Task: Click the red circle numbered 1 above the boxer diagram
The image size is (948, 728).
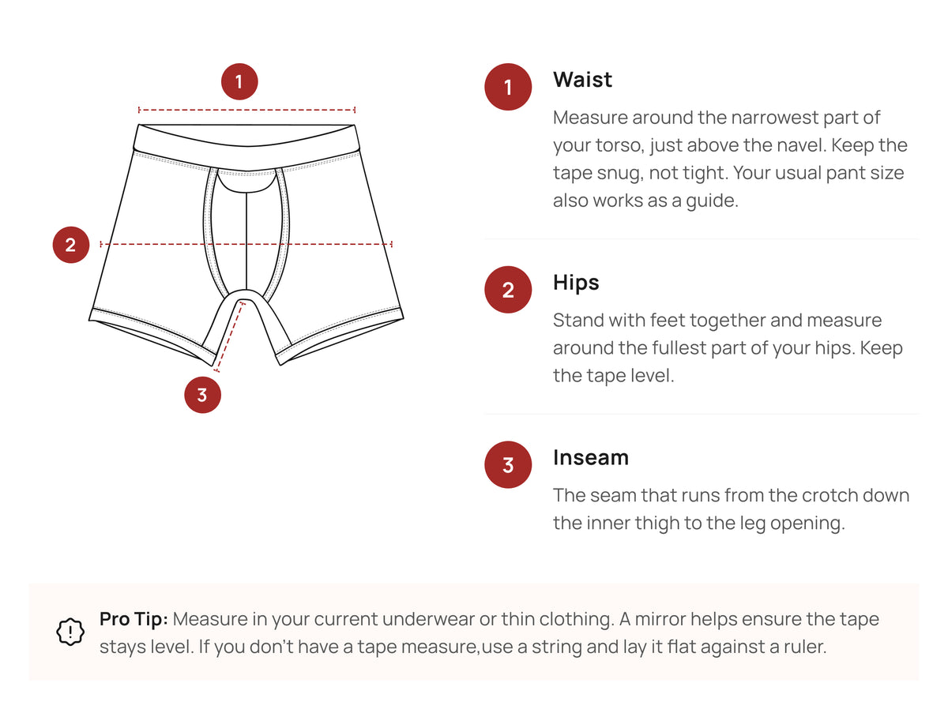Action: point(239,81)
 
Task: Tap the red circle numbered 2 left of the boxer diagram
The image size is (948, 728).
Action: point(71,245)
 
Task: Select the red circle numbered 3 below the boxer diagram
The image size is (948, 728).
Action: point(202,394)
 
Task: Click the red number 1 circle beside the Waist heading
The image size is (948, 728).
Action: point(508,87)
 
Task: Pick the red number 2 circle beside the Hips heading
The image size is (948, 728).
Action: point(508,290)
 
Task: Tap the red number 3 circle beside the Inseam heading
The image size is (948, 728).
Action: point(508,464)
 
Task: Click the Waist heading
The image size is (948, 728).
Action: point(582,80)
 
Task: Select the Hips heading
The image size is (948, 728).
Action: point(576,283)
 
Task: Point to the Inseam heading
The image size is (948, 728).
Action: point(591,458)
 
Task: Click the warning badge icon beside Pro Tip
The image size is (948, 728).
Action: point(70,632)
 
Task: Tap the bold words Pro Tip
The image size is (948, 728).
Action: point(134,619)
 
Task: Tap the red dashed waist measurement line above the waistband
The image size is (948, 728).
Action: point(246,110)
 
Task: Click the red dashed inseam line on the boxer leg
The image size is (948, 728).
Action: point(229,336)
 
